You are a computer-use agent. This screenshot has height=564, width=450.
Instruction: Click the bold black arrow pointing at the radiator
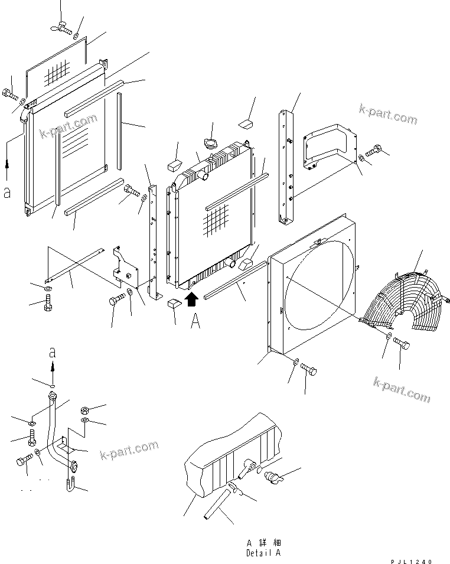191,300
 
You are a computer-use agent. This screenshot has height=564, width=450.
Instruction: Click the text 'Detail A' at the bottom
263,553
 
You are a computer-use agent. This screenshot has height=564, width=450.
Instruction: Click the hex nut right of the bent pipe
84,409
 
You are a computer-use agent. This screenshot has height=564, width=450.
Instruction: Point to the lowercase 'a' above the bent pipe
53,353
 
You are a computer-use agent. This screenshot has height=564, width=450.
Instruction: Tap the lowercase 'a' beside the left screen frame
6,194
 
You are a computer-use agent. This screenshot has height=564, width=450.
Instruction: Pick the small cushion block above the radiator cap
245,124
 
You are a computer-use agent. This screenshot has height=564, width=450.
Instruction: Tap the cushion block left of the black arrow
173,304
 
